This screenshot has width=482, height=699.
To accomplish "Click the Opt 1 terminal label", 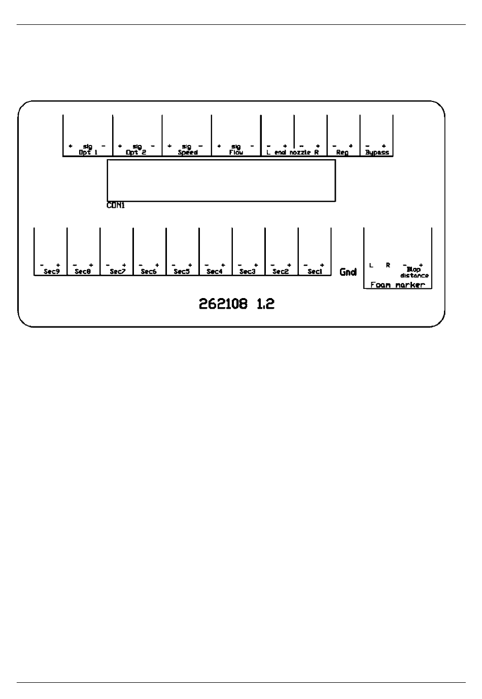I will (x=88, y=153).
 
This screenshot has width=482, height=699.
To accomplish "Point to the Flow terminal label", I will (x=236, y=153).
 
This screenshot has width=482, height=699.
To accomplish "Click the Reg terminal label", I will (x=342, y=153).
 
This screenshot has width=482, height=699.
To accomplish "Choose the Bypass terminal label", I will (x=377, y=153).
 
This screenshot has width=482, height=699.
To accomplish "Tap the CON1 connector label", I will (x=116, y=206).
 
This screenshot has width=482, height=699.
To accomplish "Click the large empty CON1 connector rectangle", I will (x=221, y=180).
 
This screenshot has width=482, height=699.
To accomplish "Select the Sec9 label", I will (x=51, y=272).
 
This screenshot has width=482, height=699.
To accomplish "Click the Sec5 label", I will (x=181, y=272).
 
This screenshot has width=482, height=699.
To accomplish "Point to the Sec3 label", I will (x=247, y=272).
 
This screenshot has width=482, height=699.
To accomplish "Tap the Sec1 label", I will (x=315, y=272).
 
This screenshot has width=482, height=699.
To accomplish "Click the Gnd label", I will (x=348, y=272).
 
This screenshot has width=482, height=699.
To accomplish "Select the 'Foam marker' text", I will (x=398, y=285).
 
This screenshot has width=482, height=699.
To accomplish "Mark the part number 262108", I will (x=223, y=304).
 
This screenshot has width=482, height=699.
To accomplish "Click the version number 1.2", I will (x=265, y=304).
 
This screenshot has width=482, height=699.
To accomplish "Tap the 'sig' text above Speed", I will (x=187, y=147).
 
